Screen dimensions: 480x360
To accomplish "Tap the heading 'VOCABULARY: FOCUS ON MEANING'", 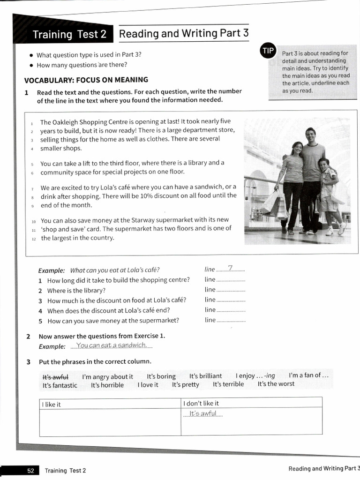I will pyautogui.click(x=86, y=80).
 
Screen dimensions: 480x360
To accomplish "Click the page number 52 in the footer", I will pyautogui.click(x=30, y=470).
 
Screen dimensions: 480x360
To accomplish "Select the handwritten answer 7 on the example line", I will pyautogui.click(x=230, y=269).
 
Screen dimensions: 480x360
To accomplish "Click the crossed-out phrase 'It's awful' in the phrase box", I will pyautogui.click(x=55, y=376).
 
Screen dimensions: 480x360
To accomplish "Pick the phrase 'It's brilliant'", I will pyautogui.click(x=205, y=376).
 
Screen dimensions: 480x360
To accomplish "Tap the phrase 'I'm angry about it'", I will pyautogui.click(x=107, y=376).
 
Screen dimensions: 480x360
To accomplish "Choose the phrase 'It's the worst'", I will pyautogui.click(x=276, y=384).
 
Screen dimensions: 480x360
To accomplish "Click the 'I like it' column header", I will pyautogui.click(x=51, y=404).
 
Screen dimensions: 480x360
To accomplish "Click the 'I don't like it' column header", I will pyautogui.click(x=201, y=403).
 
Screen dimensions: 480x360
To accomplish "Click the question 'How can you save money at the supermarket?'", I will pyautogui.click(x=113, y=321).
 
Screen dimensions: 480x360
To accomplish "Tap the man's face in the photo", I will pyautogui.click(x=310, y=134).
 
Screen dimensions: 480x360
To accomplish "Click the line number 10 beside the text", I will pyautogui.click(x=34, y=221).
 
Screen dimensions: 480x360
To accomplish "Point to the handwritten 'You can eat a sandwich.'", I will pyautogui.click(x=112, y=345).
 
